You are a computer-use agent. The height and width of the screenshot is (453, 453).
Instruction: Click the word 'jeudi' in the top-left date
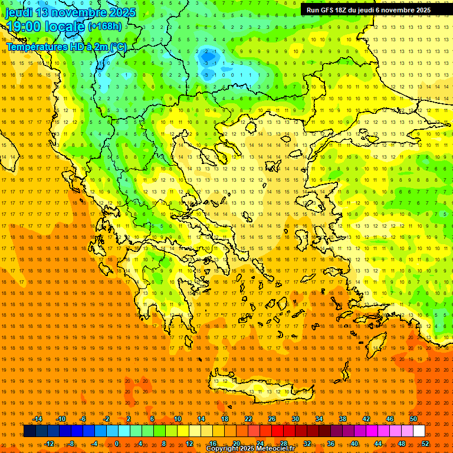coord(19,12)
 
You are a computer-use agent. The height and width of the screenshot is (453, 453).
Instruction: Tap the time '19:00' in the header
coord(23,27)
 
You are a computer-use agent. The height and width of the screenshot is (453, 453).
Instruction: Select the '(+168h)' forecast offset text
coord(104,27)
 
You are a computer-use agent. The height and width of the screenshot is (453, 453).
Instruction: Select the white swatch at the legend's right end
coord(419,431)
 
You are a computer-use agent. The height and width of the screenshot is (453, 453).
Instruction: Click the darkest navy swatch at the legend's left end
coord(29,431)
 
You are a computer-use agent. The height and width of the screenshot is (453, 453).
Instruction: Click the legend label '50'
coord(413,419)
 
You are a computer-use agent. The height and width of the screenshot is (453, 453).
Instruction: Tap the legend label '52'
coord(425,444)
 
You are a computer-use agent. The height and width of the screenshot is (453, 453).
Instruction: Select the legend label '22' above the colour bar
coord(248,419)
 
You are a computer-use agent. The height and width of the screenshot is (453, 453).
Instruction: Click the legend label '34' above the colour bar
coord(319,419)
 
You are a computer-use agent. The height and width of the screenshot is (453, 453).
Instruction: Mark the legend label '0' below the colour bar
coord(117,444)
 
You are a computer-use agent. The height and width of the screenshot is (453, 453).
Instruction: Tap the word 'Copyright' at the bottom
coord(222,449)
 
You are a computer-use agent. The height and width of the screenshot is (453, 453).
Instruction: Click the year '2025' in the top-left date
coord(122,12)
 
